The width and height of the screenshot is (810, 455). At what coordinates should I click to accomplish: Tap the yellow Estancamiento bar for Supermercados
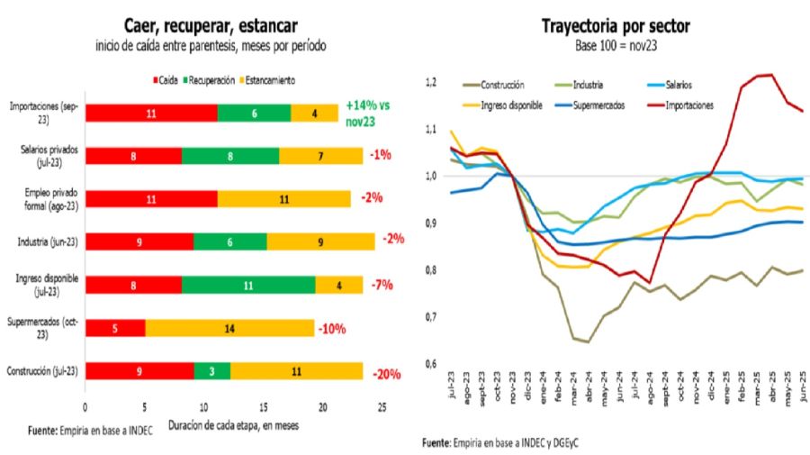229,327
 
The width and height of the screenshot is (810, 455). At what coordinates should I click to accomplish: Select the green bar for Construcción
211,370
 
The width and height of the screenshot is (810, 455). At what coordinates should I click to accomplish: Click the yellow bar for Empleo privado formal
283,198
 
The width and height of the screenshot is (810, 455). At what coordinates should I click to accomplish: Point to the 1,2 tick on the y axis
431,82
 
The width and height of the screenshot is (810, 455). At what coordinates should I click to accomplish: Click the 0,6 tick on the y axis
431,363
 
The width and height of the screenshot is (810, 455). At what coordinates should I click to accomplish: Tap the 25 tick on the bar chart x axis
382,407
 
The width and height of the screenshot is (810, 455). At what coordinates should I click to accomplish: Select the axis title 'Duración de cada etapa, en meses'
232,423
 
